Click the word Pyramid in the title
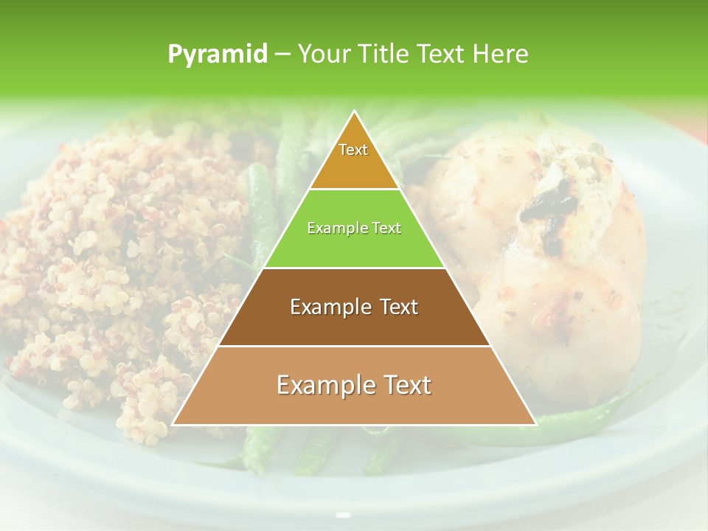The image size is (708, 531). [217, 55]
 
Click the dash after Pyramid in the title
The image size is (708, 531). [282, 55]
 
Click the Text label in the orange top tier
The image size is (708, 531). [353, 150]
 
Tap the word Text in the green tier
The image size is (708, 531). [386, 228]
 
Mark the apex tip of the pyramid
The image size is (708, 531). [355, 111]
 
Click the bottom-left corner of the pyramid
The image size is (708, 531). [173, 425]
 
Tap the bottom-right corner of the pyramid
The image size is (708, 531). [536, 425]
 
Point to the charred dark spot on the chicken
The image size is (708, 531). [549, 203]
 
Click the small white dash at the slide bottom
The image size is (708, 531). [342, 514]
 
